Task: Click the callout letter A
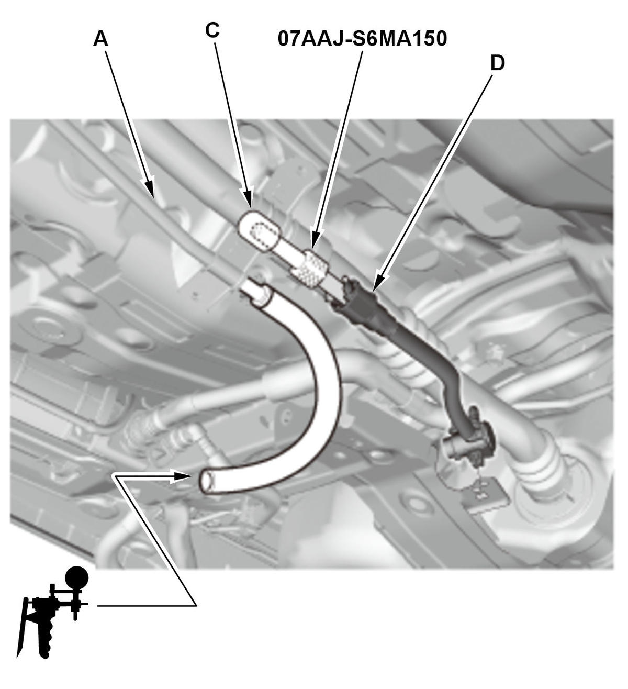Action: click(100, 40)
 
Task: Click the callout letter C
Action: click(212, 30)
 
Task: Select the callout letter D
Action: click(498, 63)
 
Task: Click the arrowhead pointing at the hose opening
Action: click(182, 476)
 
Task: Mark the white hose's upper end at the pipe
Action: click(255, 292)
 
